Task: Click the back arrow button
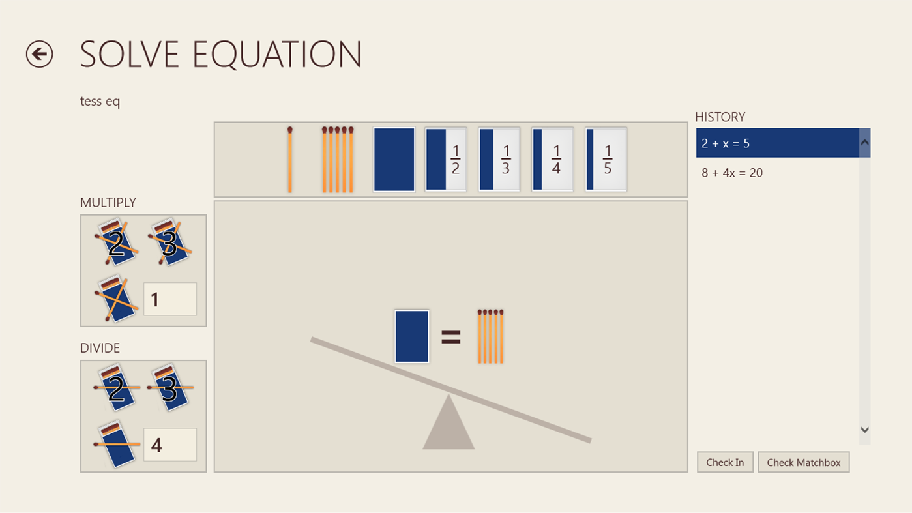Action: point(39,54)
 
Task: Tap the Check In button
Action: point(725,462)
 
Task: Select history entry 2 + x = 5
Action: point(777,143)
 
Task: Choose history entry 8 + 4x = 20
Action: point(777,173)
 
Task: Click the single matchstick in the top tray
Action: point(289,160)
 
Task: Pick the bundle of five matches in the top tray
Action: point(337,160)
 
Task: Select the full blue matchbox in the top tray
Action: point(394,160)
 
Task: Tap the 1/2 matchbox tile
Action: point(446,160)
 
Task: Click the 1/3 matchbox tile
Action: point(499,160)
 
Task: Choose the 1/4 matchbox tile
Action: point(553,160)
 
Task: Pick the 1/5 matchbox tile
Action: point(606,160)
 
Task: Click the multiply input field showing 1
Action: point(170,299)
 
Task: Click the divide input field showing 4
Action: point(170,445)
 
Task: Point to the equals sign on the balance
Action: point(451,337)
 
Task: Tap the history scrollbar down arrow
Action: point(865,430)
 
